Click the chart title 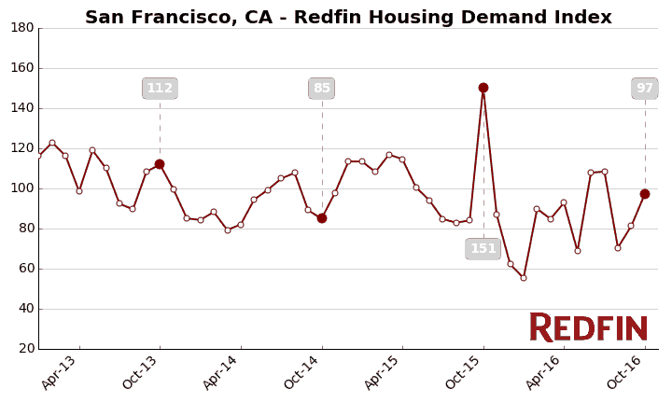[348, 17]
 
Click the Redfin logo [588, 327]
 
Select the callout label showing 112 [160, 89]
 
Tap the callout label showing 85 [322, 89]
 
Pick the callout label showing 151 [483, 248]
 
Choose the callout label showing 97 [645, 89]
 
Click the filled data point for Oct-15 [483, 88]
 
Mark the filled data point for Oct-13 [160, 164]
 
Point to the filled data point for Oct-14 [322, 218]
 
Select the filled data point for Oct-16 [645, 194]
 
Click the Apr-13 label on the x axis [60, 372]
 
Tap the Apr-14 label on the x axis [221, 372]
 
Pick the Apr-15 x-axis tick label [383, 372]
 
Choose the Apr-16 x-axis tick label [544, 372]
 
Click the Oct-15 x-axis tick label [464, 372]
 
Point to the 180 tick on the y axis [22, 28]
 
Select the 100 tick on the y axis [22, 188]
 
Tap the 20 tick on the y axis [25, 349]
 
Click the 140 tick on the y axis [22, 108]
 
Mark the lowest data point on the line [524, 278]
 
